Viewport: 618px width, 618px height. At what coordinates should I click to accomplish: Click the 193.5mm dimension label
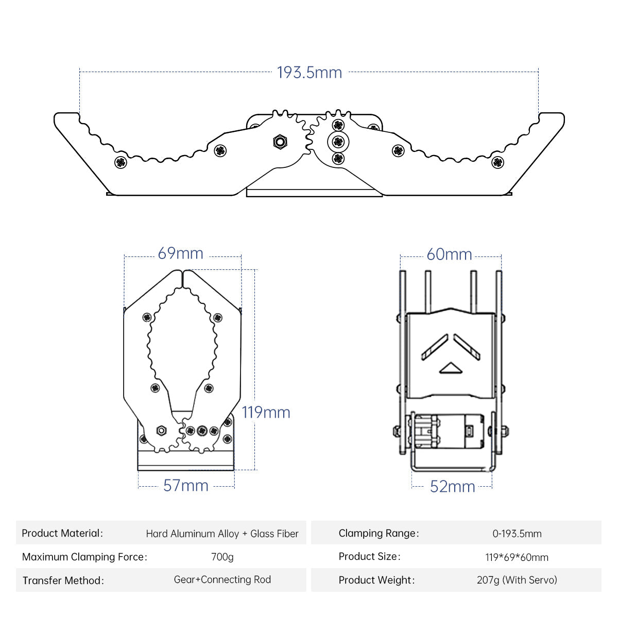tap(309, 73)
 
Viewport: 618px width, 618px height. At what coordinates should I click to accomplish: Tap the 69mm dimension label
tap(180, 253)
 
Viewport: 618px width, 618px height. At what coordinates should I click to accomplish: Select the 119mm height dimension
tap(266, 413)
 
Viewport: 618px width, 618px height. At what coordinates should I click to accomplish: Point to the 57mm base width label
tap(185, 486)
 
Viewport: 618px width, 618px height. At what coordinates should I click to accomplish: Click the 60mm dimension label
tap(449, 254)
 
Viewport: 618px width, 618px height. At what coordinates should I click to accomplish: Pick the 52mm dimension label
tap(452, 487)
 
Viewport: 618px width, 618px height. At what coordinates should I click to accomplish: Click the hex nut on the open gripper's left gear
tap(280, 141)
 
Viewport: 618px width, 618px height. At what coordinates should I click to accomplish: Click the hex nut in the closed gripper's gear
tap(161, 430)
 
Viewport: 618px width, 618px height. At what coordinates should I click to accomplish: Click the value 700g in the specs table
tap(222, 557)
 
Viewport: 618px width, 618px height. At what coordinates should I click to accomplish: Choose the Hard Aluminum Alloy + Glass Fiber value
tap(222, 534)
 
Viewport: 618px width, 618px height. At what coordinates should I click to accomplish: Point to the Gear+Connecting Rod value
tap(222, 580)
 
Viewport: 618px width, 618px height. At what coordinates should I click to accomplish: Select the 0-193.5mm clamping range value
tap(517, 534)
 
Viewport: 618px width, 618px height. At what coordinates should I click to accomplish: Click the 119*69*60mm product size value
tap(517, 557)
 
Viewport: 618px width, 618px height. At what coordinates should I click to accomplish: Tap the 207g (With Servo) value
tap(517, 580)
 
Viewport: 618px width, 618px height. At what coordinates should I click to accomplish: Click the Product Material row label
tap(62, 534)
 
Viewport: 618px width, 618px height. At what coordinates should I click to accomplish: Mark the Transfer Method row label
tap(63, 581)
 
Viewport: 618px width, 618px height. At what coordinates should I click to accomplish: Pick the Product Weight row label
tap(376, 580)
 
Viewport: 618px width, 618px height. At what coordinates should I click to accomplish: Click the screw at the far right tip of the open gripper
tap(497, 163)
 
